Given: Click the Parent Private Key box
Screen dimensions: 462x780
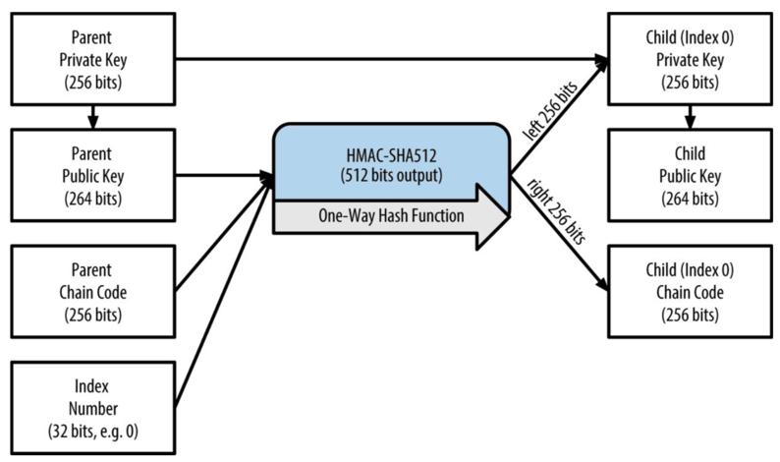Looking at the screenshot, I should (x=92, y=59).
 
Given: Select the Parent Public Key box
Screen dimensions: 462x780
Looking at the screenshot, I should (x=92, y=177).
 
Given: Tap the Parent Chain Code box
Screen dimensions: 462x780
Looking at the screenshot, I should (x=92, y=292).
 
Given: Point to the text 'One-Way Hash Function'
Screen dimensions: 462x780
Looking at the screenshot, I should (x=391, y=216).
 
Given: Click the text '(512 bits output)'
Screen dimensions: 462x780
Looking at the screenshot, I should (x=391, y=178).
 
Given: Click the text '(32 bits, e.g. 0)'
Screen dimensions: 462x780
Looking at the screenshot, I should (x=92, y=430).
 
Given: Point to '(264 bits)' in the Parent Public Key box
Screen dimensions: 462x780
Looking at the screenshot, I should (x=92, y=200).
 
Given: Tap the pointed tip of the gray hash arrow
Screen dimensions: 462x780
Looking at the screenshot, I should (x=508, y=215).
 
